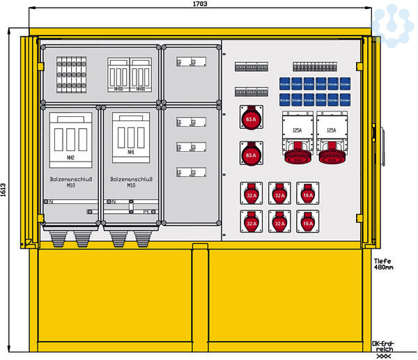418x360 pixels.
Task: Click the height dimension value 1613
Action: click(4, 190)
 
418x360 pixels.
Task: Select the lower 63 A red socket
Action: click(251, 153)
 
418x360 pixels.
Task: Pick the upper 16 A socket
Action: click(307, 195)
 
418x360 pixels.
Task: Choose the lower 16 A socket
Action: click(307, 222)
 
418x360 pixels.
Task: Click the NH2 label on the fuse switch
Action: click(70, 158)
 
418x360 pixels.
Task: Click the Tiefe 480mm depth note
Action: click(383, 263)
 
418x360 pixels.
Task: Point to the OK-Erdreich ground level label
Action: click(383, 346)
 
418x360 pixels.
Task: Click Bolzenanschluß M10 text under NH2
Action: click(70, 182)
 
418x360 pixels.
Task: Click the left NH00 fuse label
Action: click(118, 89)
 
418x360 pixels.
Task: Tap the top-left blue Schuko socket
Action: click(284, 84)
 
